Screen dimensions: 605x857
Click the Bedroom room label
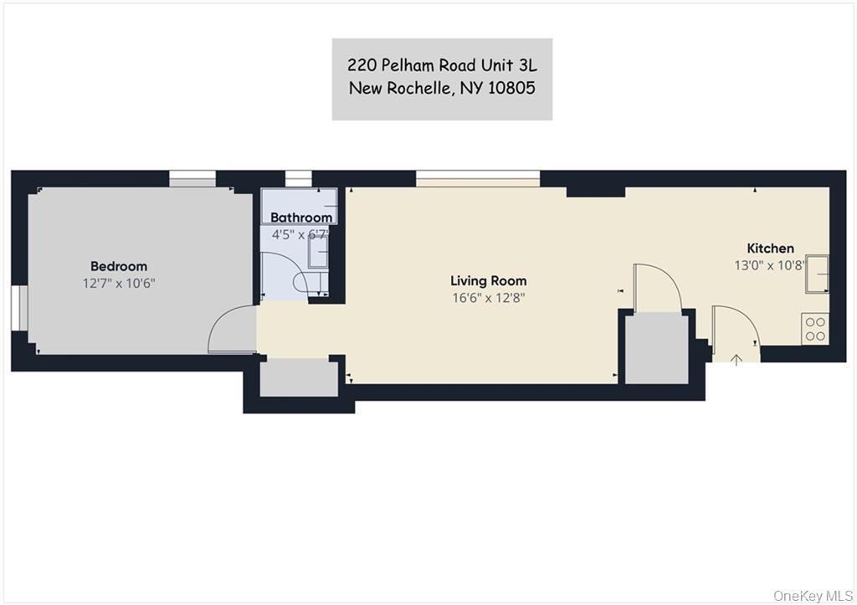tap(118, 266)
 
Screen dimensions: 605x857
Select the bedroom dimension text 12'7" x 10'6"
tap(118, 283)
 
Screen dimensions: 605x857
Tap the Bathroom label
tap(301, 218)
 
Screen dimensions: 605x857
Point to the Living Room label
tap(488, 280)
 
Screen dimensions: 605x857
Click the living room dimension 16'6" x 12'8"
tap(488, 297)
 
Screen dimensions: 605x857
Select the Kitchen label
tap(770, 248)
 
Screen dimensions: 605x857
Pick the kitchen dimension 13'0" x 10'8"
tap(770, 264)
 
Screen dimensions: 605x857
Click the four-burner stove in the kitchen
tap(814, 328)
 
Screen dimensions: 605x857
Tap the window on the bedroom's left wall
tap(17, 315)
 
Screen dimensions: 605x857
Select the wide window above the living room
tap(477, 178)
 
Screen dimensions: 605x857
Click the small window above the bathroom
tap(298, 177)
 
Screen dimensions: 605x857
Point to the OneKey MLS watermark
tap(812, 595)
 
